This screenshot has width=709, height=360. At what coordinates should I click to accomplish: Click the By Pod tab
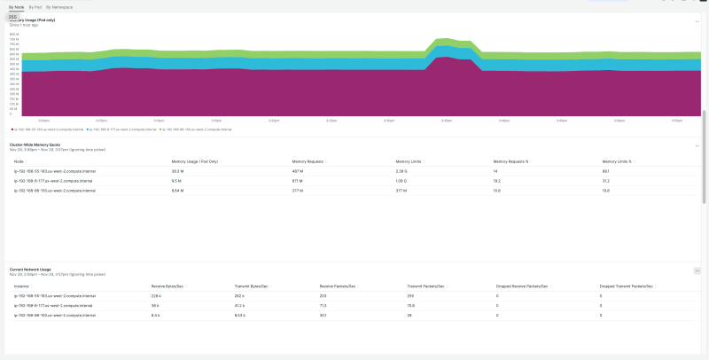coord(35,6)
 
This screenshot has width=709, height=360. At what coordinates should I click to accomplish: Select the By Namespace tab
coord(59,6)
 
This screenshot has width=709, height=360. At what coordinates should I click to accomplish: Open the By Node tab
coord(15,6)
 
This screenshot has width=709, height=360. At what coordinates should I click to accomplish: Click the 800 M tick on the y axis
coord(13,35)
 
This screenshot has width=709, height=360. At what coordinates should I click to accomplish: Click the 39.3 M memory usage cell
coord(177,170)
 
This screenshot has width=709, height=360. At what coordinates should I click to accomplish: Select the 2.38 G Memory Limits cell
coord(401,170)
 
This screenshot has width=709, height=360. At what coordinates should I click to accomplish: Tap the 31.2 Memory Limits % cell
coord(605,180)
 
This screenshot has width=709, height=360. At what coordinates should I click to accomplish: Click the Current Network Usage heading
coord(30,269)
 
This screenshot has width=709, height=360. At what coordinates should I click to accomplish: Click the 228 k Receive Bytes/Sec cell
coord(157,295)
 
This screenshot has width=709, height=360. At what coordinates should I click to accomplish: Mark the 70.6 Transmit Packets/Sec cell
coord(411,305)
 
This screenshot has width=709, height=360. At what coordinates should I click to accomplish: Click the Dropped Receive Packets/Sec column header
coord(522,286)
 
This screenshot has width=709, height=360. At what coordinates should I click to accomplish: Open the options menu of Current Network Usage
coord(697,270)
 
